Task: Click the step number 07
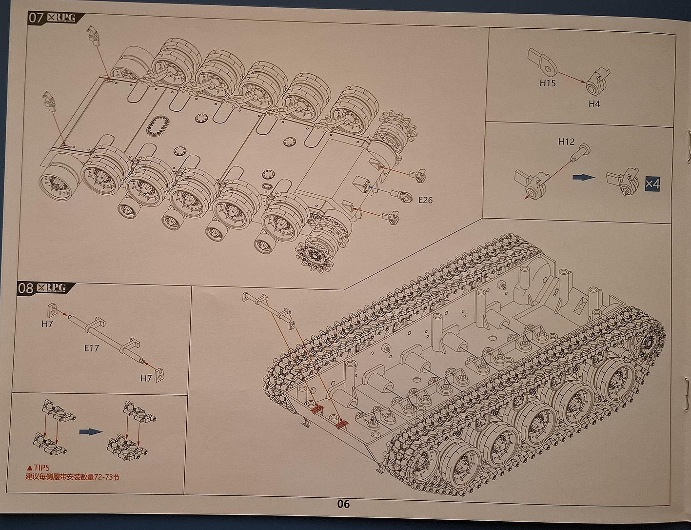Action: coord(36,19)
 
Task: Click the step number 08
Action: coord(26,288)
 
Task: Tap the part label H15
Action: coord(547,83)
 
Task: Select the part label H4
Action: coord(593,103)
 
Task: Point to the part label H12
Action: coord(566,142)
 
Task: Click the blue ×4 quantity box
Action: coord(652,183)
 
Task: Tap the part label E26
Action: coord(425,200)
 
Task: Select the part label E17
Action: coord(91,348)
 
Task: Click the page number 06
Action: coord(343,504)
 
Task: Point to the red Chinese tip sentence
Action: coord(72,477)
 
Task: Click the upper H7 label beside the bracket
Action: coord(47,324)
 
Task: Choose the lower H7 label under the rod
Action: coord(146,378)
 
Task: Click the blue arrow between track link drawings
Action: coord(90,431)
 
